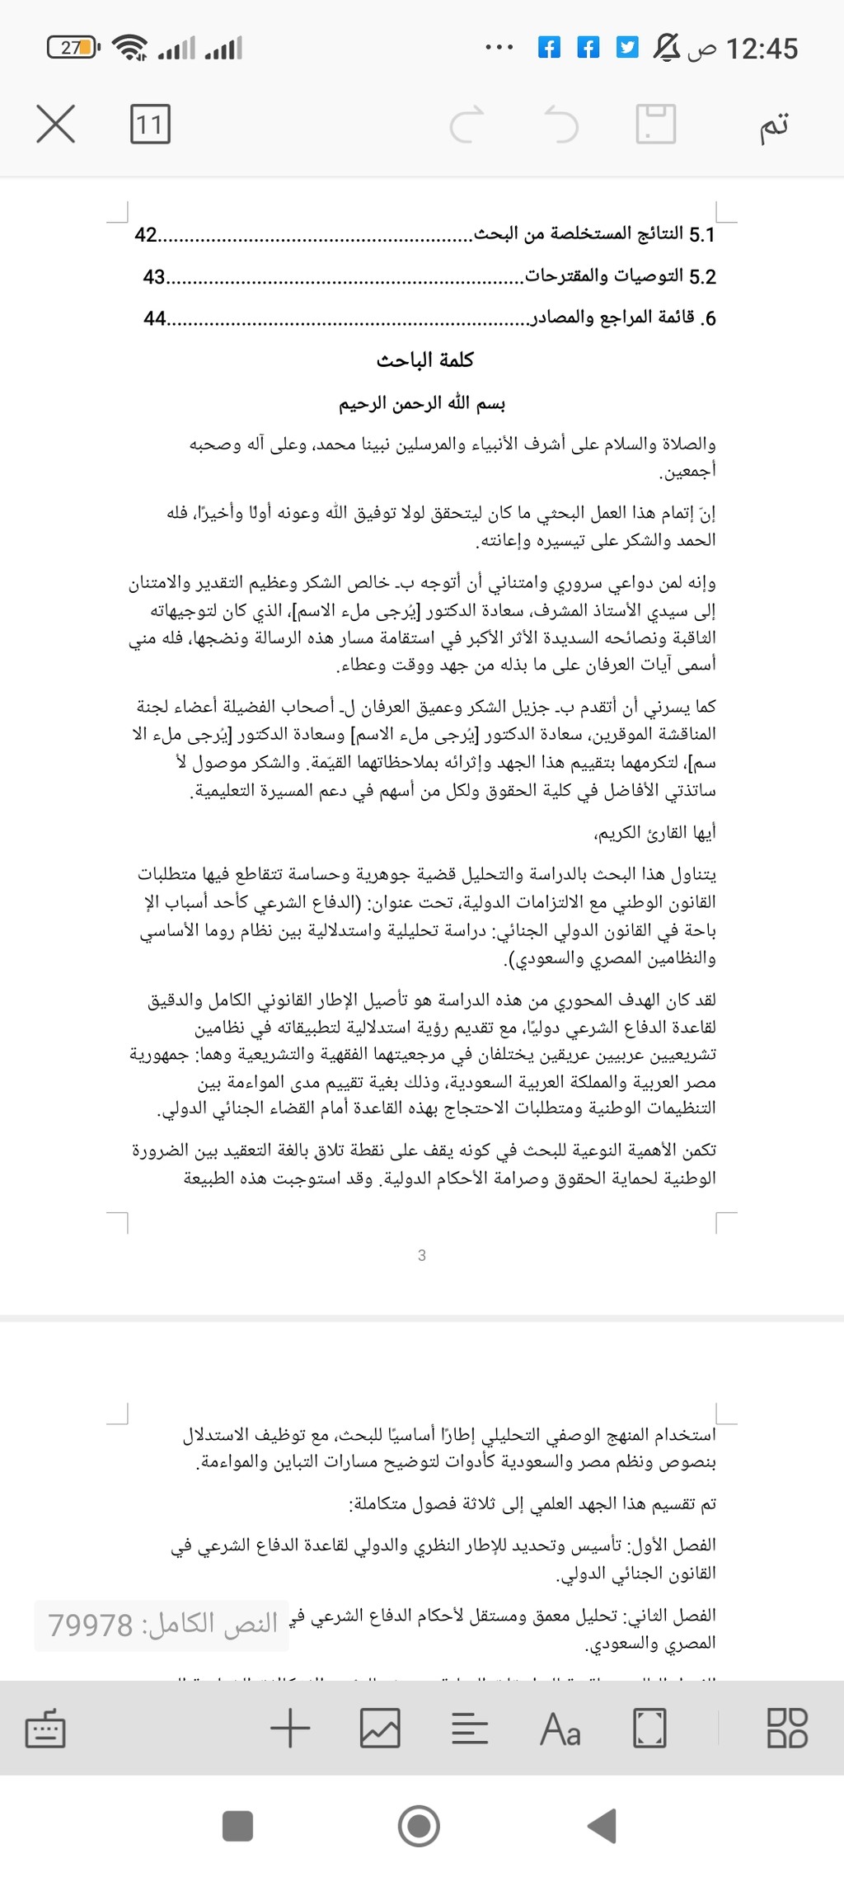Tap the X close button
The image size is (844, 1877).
pos(56,124)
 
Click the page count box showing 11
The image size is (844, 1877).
pos(150,124)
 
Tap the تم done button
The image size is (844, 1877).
pos(774,124)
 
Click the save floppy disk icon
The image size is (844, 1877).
pos(656,125)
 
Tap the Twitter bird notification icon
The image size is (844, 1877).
pos(628,48)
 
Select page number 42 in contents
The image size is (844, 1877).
pos(146,235)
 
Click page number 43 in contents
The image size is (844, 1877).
pos(154,277)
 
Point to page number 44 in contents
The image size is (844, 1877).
pos(154,318)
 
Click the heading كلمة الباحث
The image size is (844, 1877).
pos(425,360)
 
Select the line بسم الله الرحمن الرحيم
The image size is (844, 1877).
pos(422,403)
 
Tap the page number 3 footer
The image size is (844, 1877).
pos(422,1255)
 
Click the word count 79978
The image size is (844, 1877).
pos(162,1625)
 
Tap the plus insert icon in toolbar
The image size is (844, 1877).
pos(290,1728)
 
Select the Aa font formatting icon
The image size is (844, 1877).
pos(560,1728)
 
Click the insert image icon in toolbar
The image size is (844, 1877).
pos(380,1728)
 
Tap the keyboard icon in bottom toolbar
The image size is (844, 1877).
pos(45,1729)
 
